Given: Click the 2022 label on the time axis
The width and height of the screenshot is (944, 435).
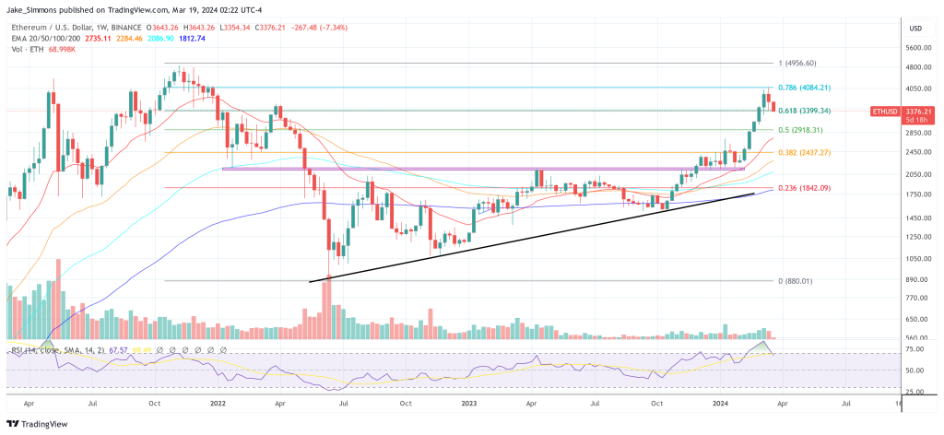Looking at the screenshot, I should pyautogui.click(x=218, y=402).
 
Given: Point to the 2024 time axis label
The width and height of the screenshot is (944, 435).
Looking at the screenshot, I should pyautogui.click(x=723, y=402).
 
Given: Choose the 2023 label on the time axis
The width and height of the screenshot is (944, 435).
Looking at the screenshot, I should pyautogui.click(x=471, y=402).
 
